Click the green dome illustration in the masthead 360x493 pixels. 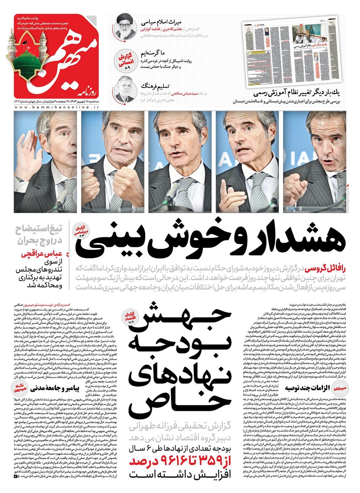(x=25, y=61)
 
